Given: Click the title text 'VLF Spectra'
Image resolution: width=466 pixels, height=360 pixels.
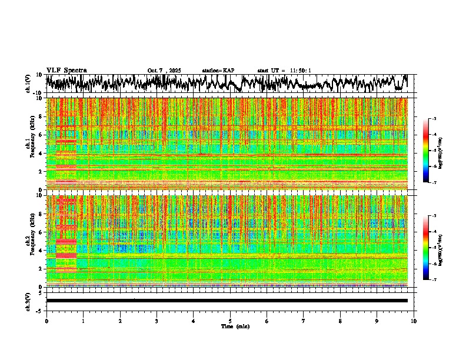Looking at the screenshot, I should [x=66, y=70].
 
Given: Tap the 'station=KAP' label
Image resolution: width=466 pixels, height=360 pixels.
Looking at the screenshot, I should [x=218, y=71].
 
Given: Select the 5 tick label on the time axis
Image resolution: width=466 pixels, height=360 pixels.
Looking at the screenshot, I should [x=230, y=321].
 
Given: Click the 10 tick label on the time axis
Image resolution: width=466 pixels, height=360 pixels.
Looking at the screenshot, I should [x=414, y=321].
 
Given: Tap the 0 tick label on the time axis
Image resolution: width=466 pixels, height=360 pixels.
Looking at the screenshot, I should [x=46, y=321].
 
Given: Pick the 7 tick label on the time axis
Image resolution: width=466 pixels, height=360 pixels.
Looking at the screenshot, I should [x=304, y=321].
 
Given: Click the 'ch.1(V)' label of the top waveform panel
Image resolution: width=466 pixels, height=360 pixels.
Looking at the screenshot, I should [x=28, y=84].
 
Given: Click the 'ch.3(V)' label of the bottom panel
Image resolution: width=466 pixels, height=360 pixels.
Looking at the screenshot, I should [x=28, y=301].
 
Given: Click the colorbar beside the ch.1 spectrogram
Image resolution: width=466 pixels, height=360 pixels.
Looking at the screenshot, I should [x=431, y=151].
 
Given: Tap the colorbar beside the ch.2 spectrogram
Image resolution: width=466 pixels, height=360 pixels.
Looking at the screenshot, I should [x=431, y=248].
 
